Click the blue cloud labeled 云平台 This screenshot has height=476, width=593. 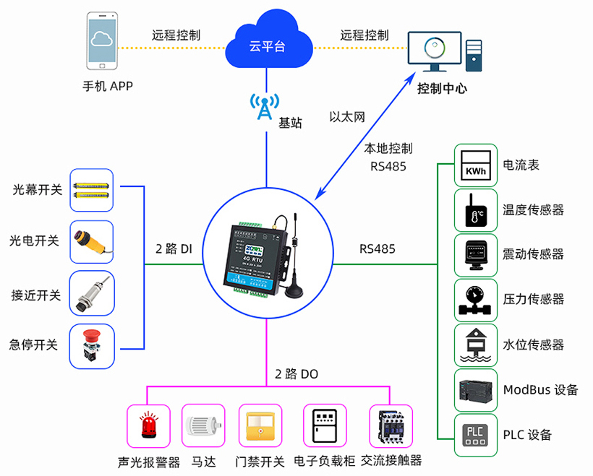click(267, 43)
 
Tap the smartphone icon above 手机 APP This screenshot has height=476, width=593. click(102, 40)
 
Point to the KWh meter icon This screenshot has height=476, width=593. click(476, 165)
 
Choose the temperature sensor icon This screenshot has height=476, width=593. click(476, 210)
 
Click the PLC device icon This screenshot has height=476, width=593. click(476, 434)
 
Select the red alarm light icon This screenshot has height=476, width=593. click(149, 425)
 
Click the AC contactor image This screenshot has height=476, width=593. click(391, 425)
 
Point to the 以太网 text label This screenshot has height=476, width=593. click(346, 116)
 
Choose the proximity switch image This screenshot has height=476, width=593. click(92, 294)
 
